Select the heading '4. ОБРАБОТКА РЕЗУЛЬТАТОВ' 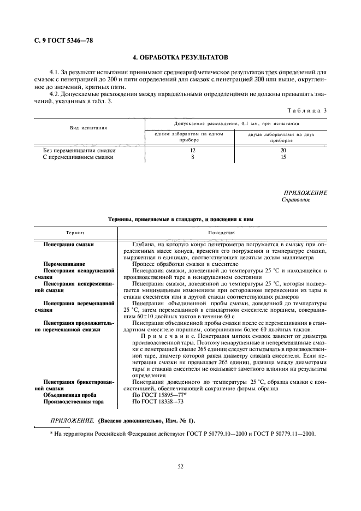180,57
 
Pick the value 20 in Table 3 283,150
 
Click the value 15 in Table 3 283,157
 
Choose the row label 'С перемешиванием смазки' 78,157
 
